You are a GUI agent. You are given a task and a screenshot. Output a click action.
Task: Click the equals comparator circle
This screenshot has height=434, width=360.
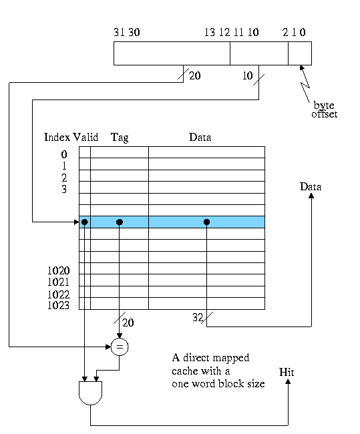tap(120, 347)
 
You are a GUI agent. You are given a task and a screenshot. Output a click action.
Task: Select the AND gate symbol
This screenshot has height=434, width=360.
tap(91, 393)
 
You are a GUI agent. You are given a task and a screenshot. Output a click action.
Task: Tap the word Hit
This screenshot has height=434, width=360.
tap(287, 372)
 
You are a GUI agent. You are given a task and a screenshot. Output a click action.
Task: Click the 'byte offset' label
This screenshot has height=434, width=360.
tap(325, 110)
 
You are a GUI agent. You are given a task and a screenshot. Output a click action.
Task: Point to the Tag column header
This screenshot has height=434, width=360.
tap(120, 138)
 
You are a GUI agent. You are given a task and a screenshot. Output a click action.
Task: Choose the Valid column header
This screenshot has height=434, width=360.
tap(85, 137)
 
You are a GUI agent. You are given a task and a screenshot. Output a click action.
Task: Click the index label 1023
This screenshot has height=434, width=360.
tap(58, 305)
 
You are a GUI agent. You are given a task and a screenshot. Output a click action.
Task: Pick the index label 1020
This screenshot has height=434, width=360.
tap(58, 270)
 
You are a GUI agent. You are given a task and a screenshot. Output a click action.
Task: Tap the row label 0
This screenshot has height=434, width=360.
tap(64, 154)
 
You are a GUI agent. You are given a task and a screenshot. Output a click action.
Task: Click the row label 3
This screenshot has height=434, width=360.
tap(64, 189)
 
